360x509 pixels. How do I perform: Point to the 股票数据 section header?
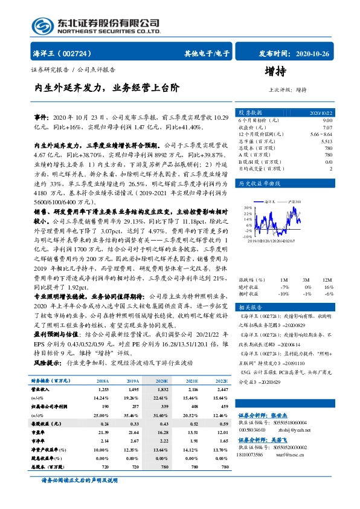coord(250,112)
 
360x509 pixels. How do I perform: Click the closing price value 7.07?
coord(327,128)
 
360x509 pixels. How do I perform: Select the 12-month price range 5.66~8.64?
coord(320,134)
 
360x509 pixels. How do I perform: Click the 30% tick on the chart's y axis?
coord(248,207)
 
